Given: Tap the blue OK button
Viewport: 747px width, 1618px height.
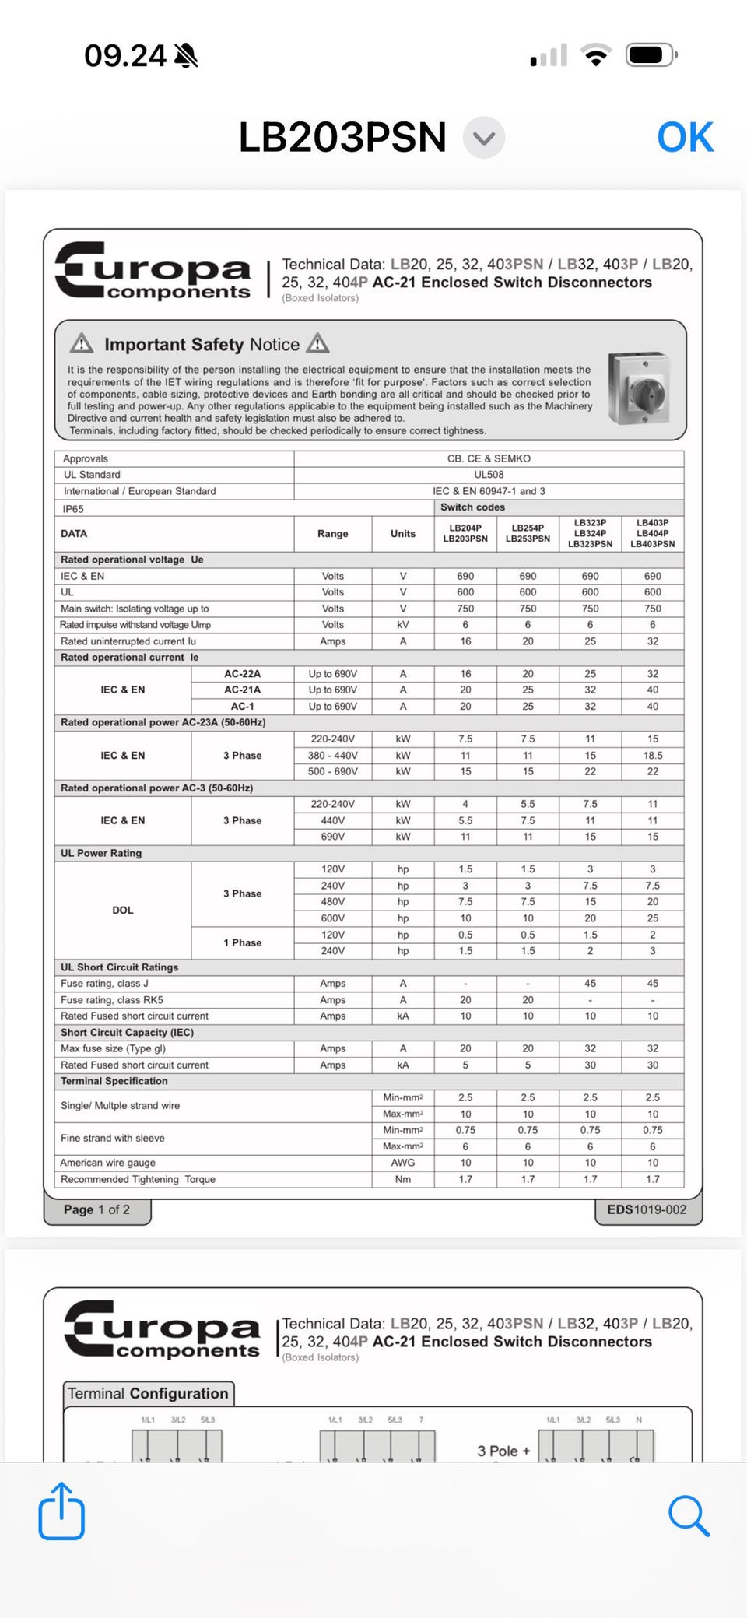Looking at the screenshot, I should [685, 138].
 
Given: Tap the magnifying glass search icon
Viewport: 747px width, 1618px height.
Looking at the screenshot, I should [689, 1515].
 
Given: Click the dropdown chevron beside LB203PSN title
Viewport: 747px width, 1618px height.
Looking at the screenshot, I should [484, 139].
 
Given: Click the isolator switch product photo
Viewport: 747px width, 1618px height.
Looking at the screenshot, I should [639, 388].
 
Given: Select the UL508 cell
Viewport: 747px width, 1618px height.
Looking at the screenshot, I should [489, 475].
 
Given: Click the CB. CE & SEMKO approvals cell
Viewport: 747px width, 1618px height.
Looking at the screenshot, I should [489, 458].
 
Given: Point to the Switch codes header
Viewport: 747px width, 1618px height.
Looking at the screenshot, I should [472, 507].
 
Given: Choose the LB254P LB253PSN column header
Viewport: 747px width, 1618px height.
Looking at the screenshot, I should [528, 533].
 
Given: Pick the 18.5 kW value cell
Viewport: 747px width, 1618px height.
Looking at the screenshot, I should [652, 756].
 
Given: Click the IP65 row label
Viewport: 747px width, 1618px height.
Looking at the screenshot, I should [73, 509].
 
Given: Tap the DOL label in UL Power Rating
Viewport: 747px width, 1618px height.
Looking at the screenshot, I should [123, 910].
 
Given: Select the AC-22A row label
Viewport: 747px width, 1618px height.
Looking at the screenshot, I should [242, 674].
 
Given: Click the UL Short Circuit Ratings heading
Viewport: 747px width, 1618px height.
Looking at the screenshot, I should [120, 967].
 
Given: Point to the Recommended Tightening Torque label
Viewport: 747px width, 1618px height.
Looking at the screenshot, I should [138, 1179].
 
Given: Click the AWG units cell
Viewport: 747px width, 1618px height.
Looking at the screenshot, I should [402, 1163].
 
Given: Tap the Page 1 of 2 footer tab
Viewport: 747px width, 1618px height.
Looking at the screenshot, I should [97, 1209].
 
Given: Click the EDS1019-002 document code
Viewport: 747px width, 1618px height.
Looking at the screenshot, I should [647, 1209].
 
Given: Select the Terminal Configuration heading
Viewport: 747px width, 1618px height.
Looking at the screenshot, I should [148, 1393].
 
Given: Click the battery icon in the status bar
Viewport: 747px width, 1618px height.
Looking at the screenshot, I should [651, 55].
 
